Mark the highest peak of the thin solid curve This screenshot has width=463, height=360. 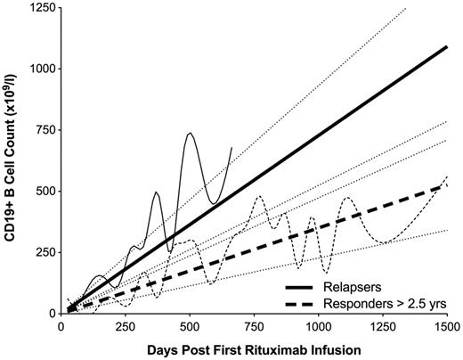[x=190, y=133]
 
